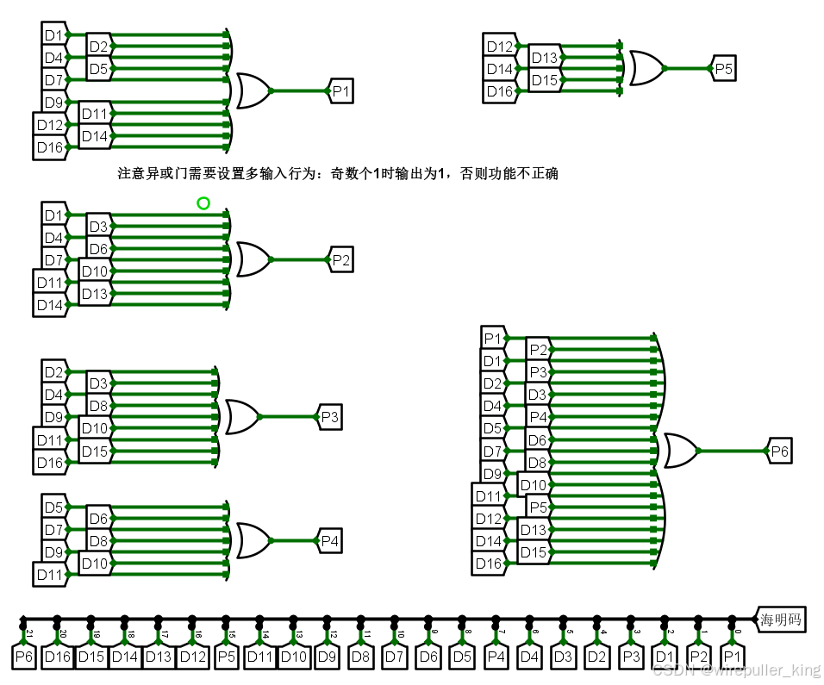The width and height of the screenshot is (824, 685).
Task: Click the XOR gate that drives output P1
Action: point(253,90)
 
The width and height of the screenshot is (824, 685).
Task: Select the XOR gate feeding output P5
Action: point(646,68)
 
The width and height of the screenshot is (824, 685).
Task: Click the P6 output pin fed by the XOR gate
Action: point(778,451)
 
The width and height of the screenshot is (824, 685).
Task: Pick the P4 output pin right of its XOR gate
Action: point(329,541)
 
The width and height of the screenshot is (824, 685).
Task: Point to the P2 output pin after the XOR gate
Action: point(340,259)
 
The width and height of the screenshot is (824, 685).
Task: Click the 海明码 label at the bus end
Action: point(781,619)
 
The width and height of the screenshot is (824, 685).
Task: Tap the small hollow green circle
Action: point(203,203)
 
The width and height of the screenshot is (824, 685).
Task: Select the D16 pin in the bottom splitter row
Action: point(57,657)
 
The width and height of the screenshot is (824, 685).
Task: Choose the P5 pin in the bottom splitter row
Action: point(226,657)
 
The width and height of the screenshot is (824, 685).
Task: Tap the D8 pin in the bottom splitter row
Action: point(361,657)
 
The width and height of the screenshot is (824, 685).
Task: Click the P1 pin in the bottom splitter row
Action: point(732,657)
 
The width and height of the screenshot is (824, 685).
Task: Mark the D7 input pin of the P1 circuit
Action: point(53,80)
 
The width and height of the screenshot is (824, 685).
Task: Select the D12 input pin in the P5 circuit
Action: point(499,47)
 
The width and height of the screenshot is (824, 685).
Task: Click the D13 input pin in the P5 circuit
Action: point(544,58)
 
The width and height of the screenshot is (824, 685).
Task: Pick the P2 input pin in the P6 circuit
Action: point(539,350)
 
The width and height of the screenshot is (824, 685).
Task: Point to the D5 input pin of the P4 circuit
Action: point(53,508)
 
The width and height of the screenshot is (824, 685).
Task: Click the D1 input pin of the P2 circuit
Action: point(53,215)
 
